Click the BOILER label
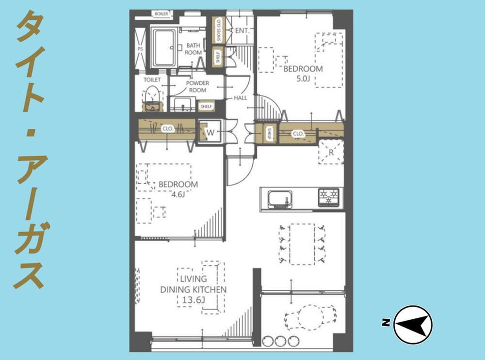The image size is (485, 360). coord(162,14)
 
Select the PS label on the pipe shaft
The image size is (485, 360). coord(140,49)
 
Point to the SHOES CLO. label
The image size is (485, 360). coord(219,30)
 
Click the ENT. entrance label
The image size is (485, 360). coord(242,31)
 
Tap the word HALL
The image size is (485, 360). coord(241,98)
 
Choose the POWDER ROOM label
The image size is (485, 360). coord(197,87)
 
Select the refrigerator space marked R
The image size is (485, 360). coord(331,152)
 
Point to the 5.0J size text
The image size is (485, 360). coord(303,78)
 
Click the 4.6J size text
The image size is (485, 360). coord(178,195)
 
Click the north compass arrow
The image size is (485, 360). coord(413,325)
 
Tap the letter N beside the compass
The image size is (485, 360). coord(386,323)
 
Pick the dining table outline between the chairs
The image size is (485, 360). coord(302,244)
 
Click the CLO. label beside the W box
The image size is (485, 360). coord(168,129)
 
